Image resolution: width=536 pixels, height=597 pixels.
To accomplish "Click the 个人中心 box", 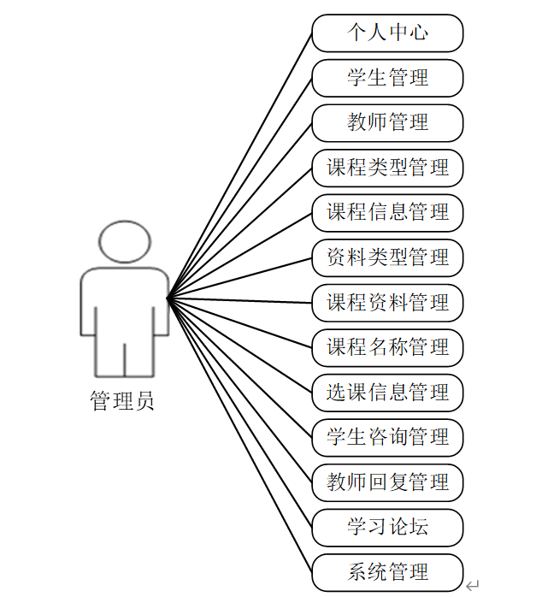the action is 387,33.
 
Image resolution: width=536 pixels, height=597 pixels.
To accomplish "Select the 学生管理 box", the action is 387,79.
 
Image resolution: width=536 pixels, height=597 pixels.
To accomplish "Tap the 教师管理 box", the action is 387,123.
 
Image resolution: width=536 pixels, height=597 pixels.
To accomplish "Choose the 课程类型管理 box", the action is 387,168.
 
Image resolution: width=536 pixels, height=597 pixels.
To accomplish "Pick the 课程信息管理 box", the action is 387,213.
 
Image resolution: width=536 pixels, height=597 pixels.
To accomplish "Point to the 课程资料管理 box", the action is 387,303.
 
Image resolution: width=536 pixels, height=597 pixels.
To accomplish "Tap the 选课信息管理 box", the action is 387,393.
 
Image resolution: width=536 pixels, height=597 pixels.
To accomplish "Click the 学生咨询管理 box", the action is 387,438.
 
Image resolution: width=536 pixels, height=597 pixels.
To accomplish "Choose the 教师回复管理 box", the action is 387,483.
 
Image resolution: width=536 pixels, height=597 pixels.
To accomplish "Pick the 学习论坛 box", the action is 387,528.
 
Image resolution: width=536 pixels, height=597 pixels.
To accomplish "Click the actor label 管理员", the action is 122,401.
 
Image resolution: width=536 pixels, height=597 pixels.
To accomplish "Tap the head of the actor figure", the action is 125,241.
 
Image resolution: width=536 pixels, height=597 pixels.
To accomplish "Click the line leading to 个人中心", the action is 239,167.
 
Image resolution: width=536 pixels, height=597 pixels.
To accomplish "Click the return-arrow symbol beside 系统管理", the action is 473,585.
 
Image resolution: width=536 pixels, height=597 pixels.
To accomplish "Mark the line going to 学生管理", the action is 239,189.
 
